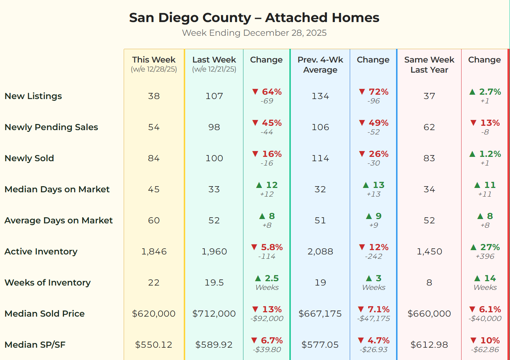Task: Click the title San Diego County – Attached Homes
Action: (254, 17)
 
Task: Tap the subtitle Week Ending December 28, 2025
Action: (254, 33)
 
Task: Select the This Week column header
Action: (154, 60)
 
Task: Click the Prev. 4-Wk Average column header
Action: (320, 65)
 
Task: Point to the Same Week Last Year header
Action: (429, 65)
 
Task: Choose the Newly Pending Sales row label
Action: (51, 127)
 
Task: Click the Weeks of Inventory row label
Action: (47, 283)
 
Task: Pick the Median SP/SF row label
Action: (35, 345)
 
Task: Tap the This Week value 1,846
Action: (154, 252)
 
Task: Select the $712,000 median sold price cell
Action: (214, 314)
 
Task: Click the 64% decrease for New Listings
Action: (272, 92)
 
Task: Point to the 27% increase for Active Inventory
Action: (490, 247)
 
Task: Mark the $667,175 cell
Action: (320, 314)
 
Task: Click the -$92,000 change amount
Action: (267, 318)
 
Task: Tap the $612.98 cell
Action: (429, 345)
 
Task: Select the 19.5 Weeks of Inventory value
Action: (214, 283)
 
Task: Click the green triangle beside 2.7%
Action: (472, 92)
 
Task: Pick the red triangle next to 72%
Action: (362, 92)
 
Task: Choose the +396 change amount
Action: (485, 256)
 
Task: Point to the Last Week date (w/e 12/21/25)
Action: (214, 69)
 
